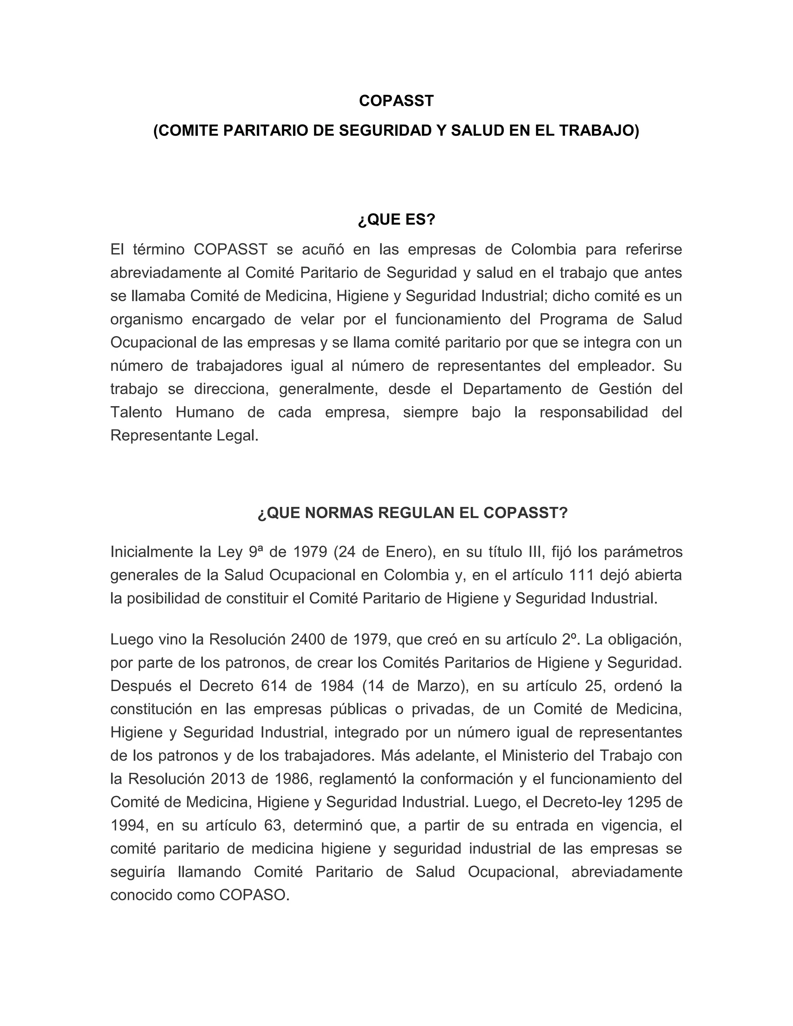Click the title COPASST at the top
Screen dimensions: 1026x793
pyautogui.click(x=396, y=101)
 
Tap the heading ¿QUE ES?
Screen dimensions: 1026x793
pyautogui.click(x=396, y=220)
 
